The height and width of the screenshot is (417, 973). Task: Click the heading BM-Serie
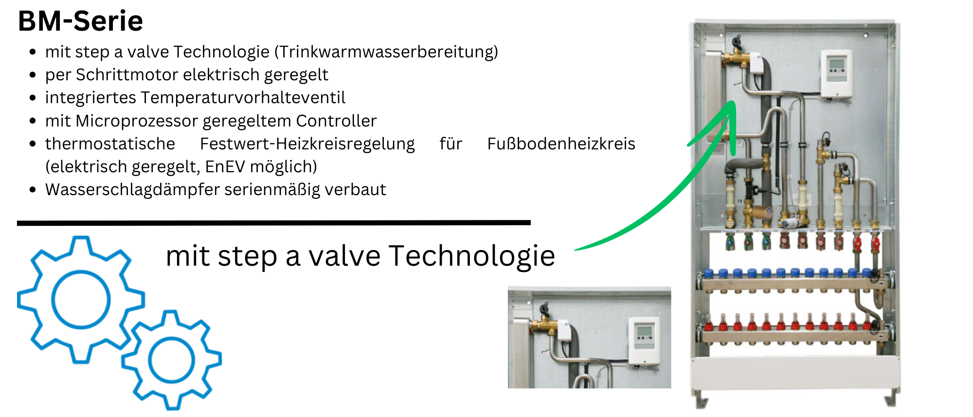pyautogui.click(x=80, y=21)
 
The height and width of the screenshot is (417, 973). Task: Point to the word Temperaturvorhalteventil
pyautogui.click(x=243, y=97)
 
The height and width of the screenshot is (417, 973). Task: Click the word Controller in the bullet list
pyautogui.click(x=336, y=121)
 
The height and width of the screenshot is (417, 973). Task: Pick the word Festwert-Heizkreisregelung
pyautogui.click(x=307, y=144)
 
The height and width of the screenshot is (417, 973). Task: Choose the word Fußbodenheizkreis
pyautogui.click(x=561, y=144)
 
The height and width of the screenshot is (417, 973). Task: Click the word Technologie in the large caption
pyautogui.click(x=472, y=256)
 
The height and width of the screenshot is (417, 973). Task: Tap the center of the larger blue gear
pyautogui.click(x=81, y=299)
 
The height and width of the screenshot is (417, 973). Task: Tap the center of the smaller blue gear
pyautogui.click(x=171, y=360)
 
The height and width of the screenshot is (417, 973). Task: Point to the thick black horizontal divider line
pyautogui.click(x=273, y=223)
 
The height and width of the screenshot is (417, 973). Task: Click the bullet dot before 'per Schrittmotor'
pyautogui.click(x=33, y=75)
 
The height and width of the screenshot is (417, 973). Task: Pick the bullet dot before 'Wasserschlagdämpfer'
pyautogui.click(x=33, y=190)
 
